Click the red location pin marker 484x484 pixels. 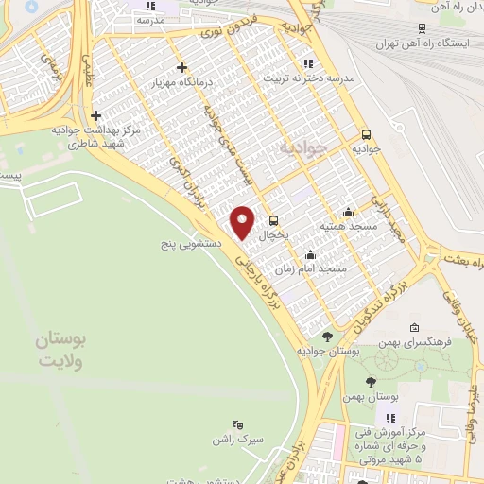point(244,222)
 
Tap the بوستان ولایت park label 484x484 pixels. point(61,352)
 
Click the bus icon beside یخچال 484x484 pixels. point(273,219)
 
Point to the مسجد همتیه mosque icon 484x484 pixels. point(349,213)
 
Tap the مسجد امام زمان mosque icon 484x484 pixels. point(310,254)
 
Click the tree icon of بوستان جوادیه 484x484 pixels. point(327,336)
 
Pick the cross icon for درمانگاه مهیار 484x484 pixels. point(182,68)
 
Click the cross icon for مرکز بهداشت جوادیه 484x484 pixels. point(96,115)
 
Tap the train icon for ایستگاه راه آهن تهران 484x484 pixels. point(418,29)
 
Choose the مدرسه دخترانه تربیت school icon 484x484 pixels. point(307,63)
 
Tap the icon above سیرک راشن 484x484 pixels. point(237,426)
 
